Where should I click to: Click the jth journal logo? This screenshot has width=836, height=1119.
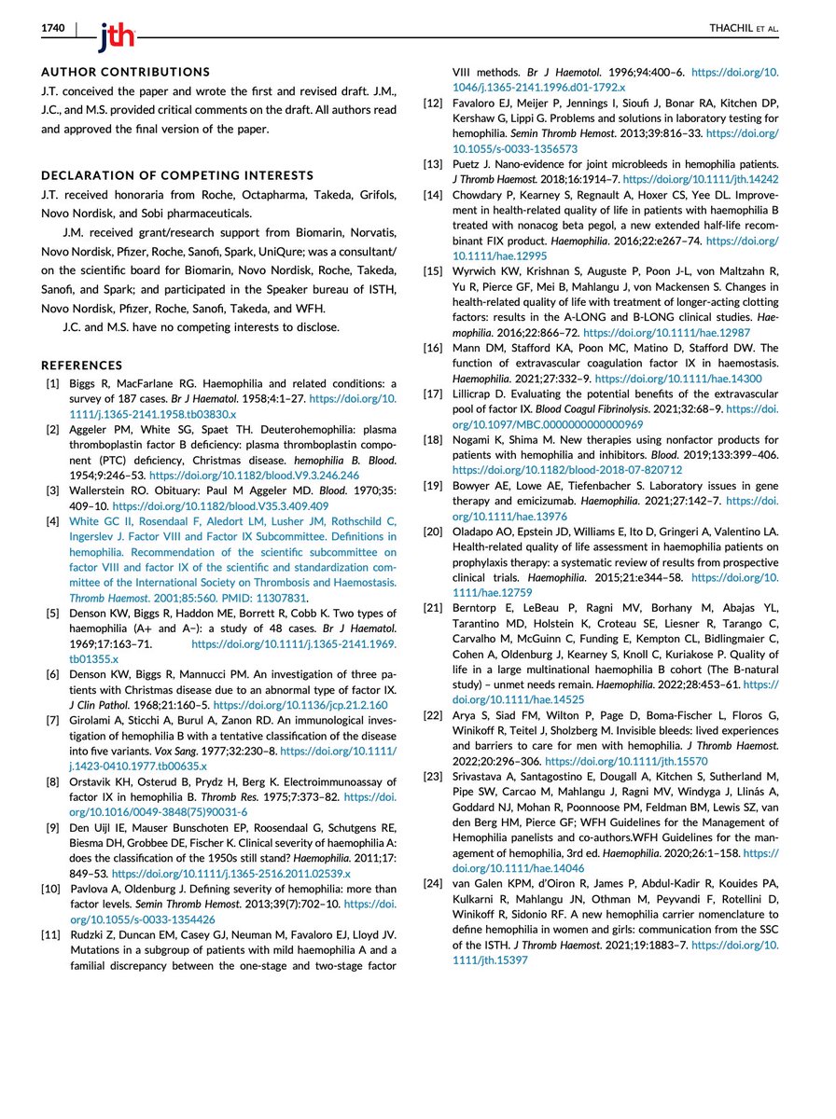pos(115,35)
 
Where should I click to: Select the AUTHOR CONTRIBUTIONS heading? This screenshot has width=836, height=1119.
pos(126,71)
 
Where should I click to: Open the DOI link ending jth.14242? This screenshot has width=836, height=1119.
pos(699,176)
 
